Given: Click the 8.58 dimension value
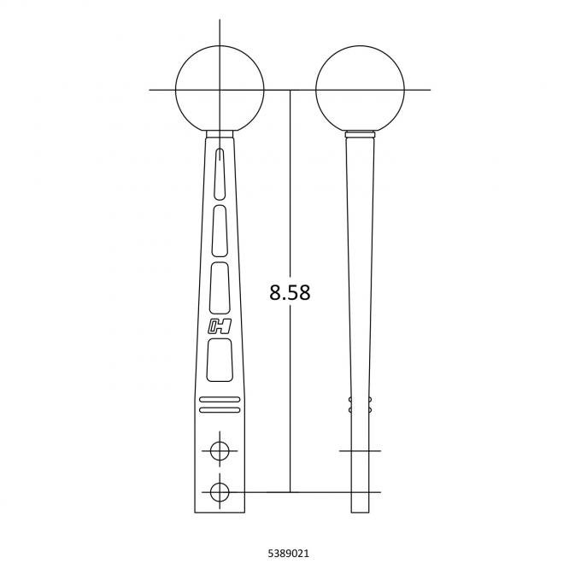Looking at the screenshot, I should pos(289,293).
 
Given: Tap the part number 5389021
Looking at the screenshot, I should pos(290,554).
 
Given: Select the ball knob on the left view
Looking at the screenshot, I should pos(219,89).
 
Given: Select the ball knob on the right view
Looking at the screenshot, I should pos(360,89).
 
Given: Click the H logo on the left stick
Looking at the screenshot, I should pos(219,326).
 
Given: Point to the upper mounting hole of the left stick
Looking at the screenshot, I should pos(220,449).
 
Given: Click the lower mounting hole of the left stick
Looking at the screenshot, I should pos(220,491).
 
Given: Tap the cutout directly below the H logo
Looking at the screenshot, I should pos(220,358).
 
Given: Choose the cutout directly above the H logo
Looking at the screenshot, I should pos(220,285).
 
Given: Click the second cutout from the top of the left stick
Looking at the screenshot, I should pos(220,230).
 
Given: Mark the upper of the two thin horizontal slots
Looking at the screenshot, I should pos(220,400).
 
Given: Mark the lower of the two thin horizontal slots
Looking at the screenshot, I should pos(220,410).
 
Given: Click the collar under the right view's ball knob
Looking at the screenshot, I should pos(360,134).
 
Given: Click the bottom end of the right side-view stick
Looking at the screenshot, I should pos(361,513).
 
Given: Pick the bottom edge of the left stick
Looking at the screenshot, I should pos(220,514).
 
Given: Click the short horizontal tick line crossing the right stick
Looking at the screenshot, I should pos(360,449).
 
